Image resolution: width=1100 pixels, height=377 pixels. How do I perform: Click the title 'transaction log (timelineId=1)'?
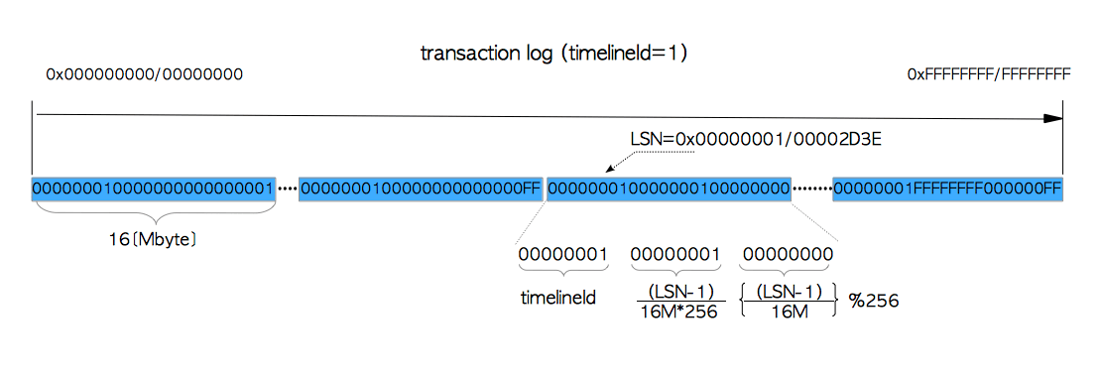coord(553,54)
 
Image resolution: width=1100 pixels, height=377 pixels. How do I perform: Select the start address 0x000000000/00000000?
coord(145,74)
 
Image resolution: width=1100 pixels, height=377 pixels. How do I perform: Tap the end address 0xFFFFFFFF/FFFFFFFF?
coord(989,74)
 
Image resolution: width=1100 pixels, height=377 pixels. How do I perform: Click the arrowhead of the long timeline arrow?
coord(1053,119)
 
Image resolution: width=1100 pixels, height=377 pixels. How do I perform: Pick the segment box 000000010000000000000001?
coord(153,188)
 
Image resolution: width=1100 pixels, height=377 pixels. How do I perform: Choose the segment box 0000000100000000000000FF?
coord(421,188)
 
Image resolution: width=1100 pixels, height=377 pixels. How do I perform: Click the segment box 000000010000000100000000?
coord(669,188)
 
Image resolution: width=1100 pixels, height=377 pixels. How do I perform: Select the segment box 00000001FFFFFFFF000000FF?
coord(948,188)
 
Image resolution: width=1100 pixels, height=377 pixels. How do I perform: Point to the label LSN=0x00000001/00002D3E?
coord(755,139)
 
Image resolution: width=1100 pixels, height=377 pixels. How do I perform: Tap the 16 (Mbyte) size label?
coord(153,239)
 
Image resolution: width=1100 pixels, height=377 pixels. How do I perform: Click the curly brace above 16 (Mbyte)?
coord(153,210)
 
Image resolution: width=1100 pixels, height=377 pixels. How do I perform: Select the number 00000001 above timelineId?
coord(562,254)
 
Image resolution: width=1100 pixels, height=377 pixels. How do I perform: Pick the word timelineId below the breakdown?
coord(558,298)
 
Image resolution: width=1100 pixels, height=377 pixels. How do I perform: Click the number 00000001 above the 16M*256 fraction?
coord(675,254)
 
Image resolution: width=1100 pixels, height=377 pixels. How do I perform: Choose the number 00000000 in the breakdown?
coord(788,254)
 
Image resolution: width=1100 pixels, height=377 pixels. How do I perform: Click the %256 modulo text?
coord(874,302)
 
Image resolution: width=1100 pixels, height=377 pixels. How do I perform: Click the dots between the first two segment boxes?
coord(287,189)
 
